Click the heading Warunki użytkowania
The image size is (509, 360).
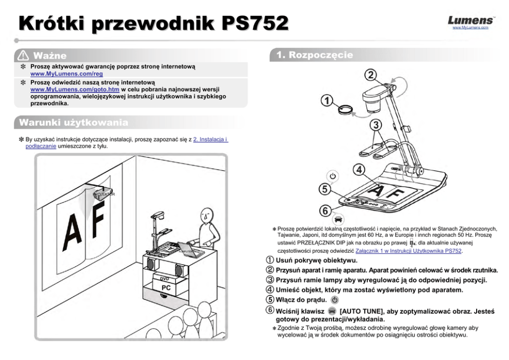tap(73, 123)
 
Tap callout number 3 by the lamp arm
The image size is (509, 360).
tap(376, 125)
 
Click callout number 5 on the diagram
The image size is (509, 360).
tap(323, 189)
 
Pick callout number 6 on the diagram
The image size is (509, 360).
tap(324, 210)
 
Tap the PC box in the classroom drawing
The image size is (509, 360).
tap(166, 288)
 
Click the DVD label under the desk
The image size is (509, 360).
tap(165, 278)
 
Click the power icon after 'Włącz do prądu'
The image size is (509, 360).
tap(335, 299)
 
